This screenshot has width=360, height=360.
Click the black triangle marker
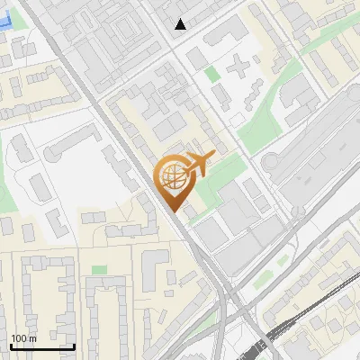click(181, 24)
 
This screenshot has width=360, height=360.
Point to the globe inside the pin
click(172, 175)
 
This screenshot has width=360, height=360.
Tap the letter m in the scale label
click(33, 338)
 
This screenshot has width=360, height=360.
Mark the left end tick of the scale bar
click(11, 346)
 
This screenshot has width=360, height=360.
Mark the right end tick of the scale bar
click(74, 346)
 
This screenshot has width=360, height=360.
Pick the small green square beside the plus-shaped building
click(212, 74)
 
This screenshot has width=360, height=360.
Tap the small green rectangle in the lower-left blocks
click(98, 270)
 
